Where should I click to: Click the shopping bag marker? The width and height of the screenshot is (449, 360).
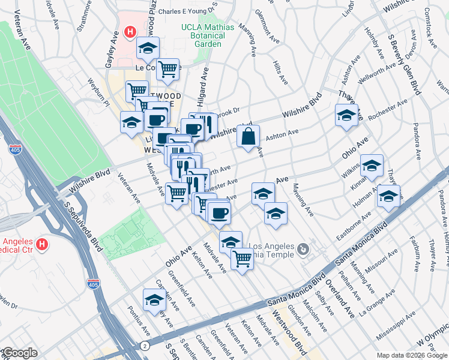[248, 137]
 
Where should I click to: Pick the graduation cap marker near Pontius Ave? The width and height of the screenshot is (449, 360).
[154, 301]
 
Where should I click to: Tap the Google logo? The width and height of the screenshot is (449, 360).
[19, 353]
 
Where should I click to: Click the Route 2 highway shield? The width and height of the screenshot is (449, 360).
[145, 346]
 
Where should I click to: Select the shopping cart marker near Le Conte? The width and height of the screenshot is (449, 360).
[168, 70]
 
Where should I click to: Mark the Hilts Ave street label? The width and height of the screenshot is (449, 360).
[279, 71]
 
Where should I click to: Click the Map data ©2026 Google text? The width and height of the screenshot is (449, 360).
[411, 355]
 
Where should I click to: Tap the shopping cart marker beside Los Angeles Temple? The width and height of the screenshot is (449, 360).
[242, 259]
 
